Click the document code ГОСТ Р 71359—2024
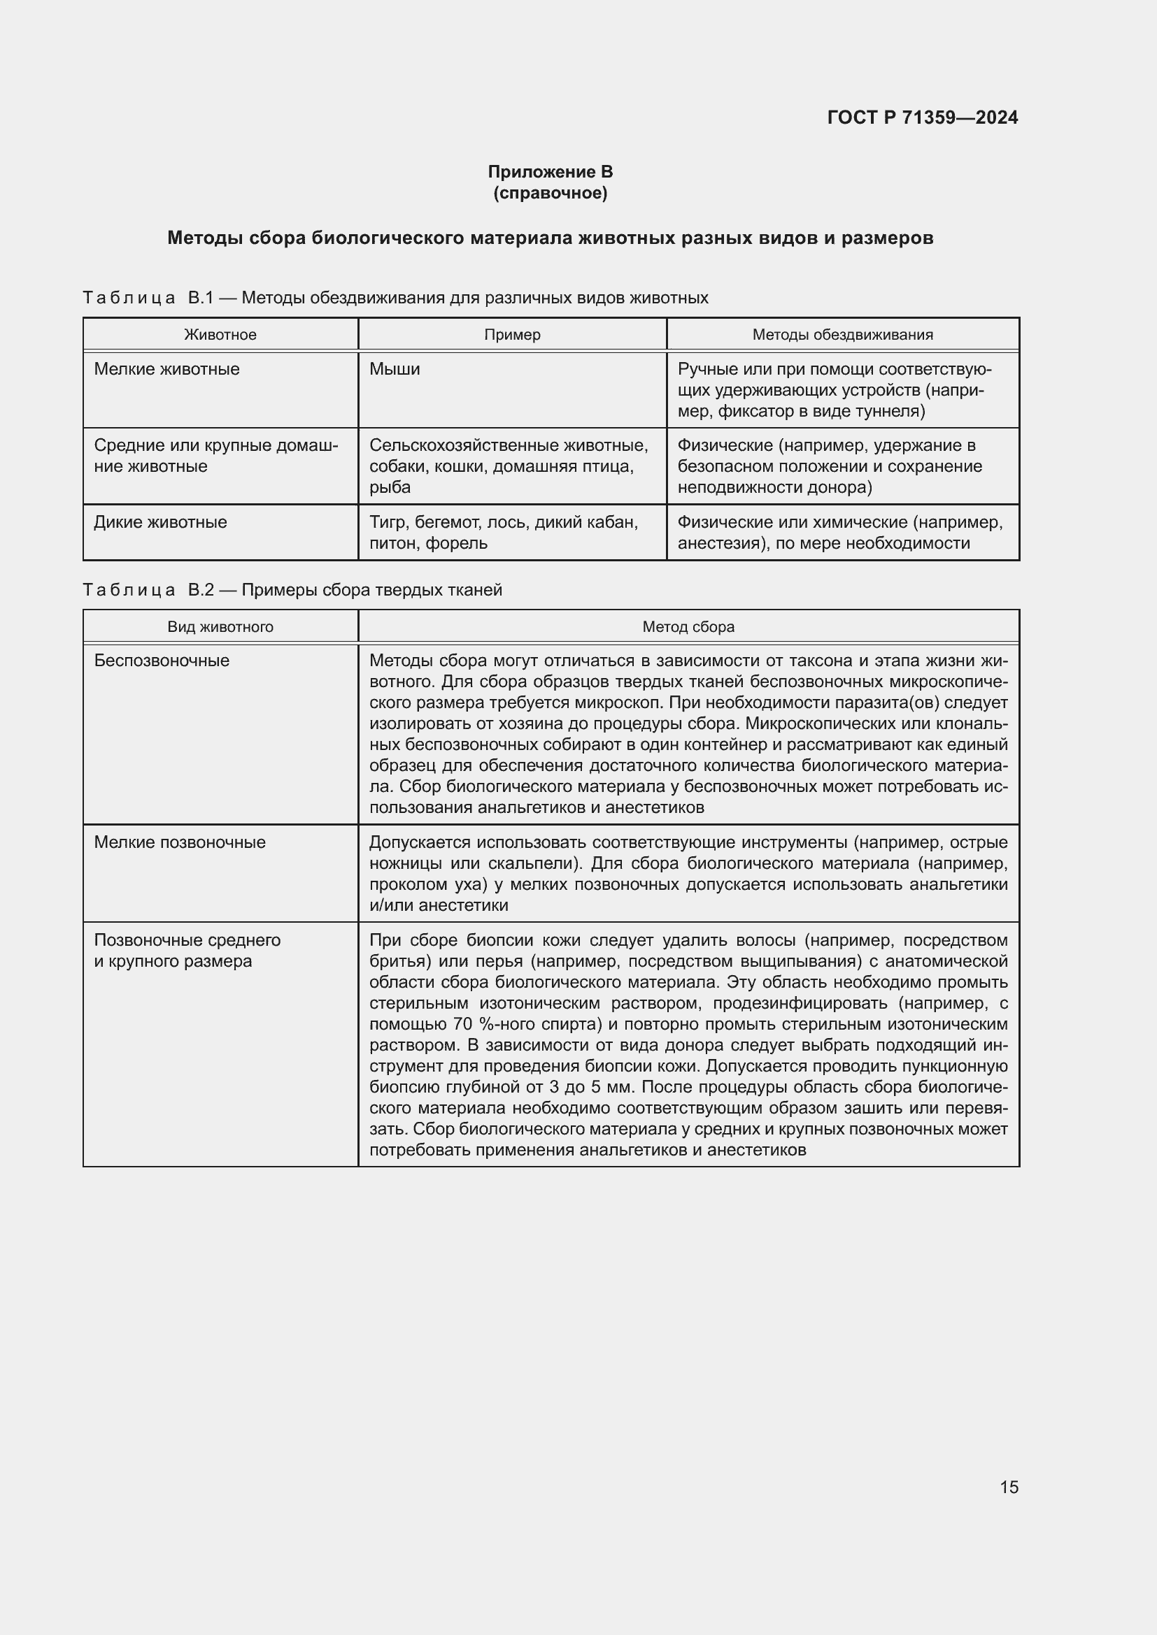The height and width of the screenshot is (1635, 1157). (x=922, y=117)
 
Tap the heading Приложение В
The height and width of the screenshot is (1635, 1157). (x=550, y=172)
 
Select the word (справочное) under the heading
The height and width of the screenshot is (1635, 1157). (x=550, y=193)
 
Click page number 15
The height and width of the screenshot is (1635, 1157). (x=1009, y=1487)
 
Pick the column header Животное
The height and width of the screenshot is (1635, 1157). (x=220, y=335)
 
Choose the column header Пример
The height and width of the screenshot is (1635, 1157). (x=511, y=335)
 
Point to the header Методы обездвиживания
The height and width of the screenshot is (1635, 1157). (x=842, y=335)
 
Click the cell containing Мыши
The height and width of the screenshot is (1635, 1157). (x=395, y=369)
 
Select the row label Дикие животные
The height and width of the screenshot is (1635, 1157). (x=160, y=522)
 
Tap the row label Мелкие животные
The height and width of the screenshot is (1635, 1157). (x=166, y=369)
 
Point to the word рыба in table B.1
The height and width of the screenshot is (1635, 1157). (x=390, y=488)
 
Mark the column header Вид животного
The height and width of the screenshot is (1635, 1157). (x=220, y=626)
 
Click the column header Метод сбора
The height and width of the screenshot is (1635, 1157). (x=688, y=626)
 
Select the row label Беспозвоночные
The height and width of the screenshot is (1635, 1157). (x=162, y=660)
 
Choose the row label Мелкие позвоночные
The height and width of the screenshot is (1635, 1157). (x=180, y=842)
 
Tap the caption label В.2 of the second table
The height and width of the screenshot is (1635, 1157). (x=200, y=590)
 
